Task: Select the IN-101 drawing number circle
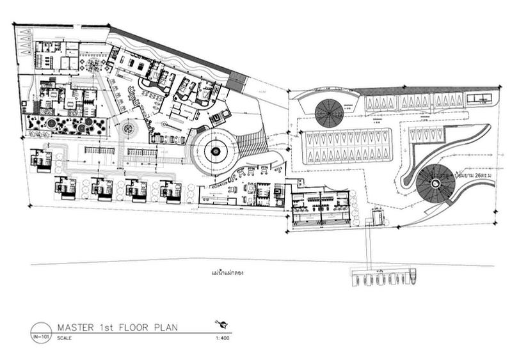coord(41,332)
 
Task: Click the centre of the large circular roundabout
coord(215,152)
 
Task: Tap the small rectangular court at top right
coord(478,97)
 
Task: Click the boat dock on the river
coord(381,277)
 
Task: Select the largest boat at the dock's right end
coord(415,275)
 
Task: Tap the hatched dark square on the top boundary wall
coord(237,81)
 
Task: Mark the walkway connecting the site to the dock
coord(369,246)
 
